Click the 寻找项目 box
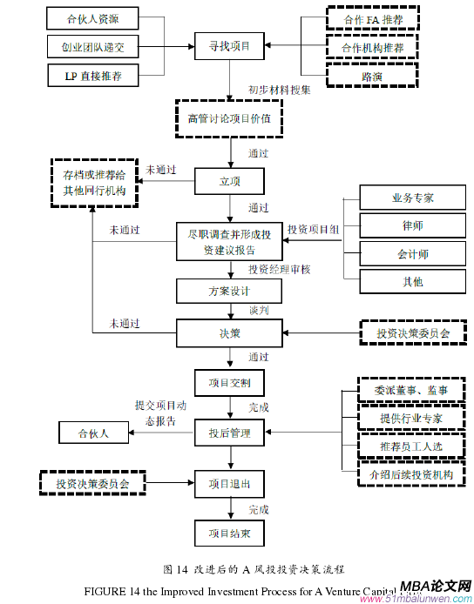[x=228, y=45]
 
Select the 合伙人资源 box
[x=92, y=18]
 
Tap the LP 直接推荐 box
[x=92, y=76]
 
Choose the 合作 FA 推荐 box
[x=373, y=18]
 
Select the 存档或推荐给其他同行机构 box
[x=94, y=181]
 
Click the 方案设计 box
[x=229, y=291]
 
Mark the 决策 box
[x=229, y=332]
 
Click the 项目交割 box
[x=229, y=383]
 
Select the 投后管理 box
[x=229, y=432]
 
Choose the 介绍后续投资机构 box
[x=411, y=474]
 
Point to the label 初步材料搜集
[x=280, y=89]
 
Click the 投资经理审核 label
[x=280, y=269]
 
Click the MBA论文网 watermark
[x=434, y=587]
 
